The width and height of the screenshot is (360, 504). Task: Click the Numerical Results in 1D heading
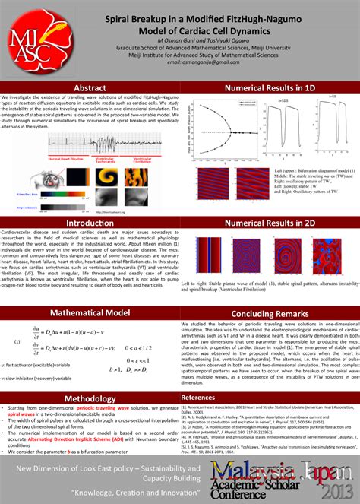[x=269, y=88]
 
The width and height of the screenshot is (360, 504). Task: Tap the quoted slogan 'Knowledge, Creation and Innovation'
[x=93, y=492]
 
